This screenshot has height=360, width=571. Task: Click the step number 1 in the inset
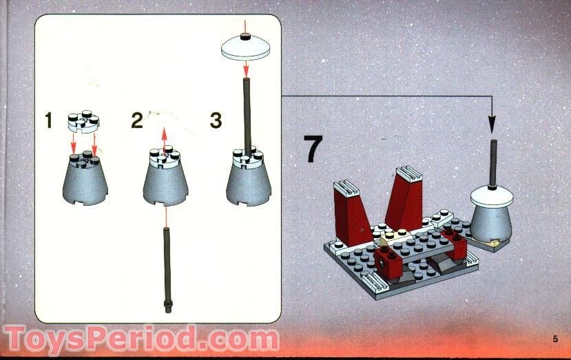[x=48, y=122]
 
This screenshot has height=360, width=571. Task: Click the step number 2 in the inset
[x=137, y=122]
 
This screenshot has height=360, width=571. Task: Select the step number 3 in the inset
[x=216, y=120]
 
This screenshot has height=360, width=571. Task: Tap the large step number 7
[x=313, y=149]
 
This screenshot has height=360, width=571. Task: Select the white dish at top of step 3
[x=245, y=49]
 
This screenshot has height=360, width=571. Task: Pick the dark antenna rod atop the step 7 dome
[x=493, y=162]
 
